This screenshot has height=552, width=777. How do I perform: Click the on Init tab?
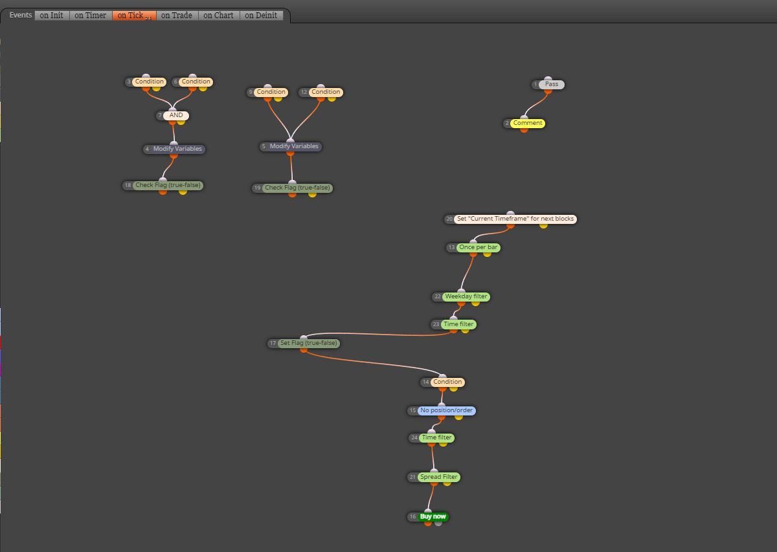[x=52, y=16]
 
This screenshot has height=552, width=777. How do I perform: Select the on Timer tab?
[x=90, y=16]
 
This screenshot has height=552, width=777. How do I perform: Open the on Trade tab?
[x=177, y=16]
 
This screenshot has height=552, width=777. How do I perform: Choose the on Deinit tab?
[x=261, y=16]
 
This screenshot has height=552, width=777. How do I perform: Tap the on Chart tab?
[x=219, y=16]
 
